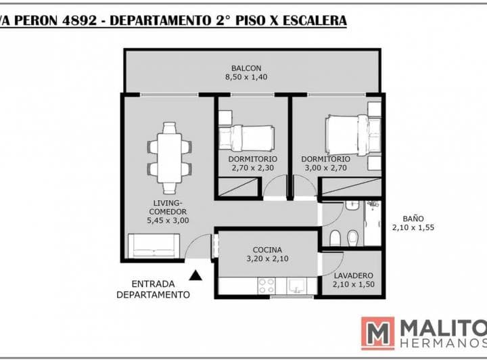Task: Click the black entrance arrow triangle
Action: (x=195, y=275)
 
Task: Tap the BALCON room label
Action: (x=246, y=68)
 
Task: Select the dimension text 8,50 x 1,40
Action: (x=246, y=77)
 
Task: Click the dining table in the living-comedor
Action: (x=169, y=158)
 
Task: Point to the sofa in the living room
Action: (x=154, y=246)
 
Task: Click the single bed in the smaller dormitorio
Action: (x=247, y=138)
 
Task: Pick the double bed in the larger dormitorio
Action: (x=352, y=135)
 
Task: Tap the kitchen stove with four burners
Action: (x=266, y=286)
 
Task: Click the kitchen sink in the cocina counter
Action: (x=297, y=286)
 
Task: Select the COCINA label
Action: (x=267, y=250)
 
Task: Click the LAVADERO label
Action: (x=354, y=275)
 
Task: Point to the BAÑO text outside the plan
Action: (x=413, y=219)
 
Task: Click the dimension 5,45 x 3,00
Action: (x=168, y=221)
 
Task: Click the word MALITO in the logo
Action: (x=444, y=329)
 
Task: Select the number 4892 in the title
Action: (x=80, y=20)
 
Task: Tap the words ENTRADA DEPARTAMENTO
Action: (x=153, y=289)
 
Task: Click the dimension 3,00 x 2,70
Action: (x=325, y=168)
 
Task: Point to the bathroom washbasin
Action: (x=352, y=205)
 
